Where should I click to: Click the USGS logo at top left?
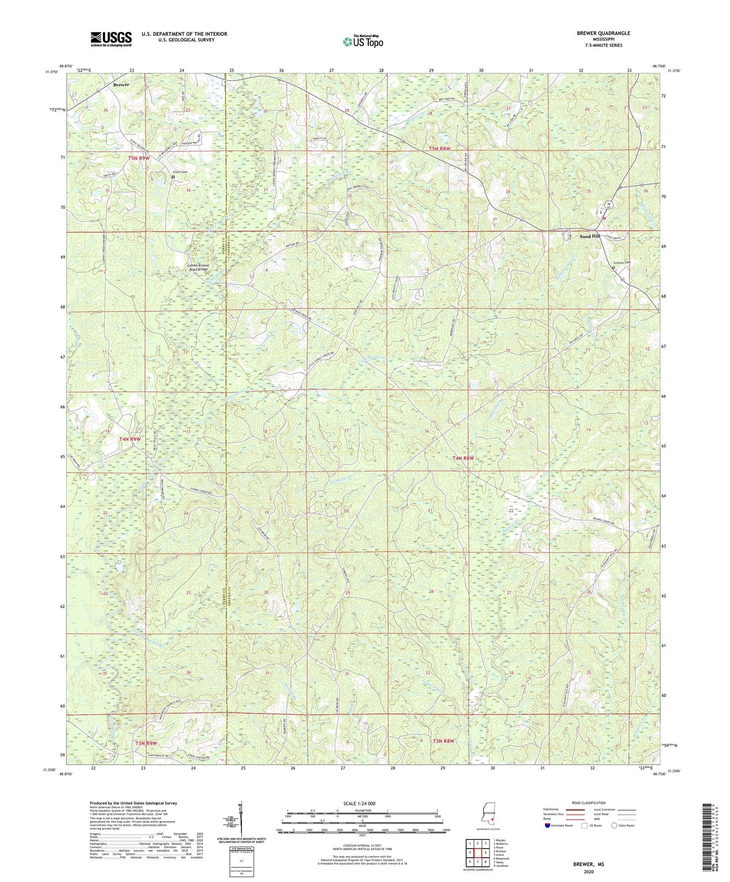pyautogui.click(x=111, y=38)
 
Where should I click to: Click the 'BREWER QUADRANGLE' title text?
pyautogui.click(x=603, y=33)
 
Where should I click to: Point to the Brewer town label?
pyautogui.click(x=121, y=85)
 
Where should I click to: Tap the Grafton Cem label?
pyautogui.click(x=622, y=262)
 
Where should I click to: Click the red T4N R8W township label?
pyautogui.click(x=463, y=458)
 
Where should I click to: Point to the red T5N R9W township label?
pyautogui.click(x=139, y=158)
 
